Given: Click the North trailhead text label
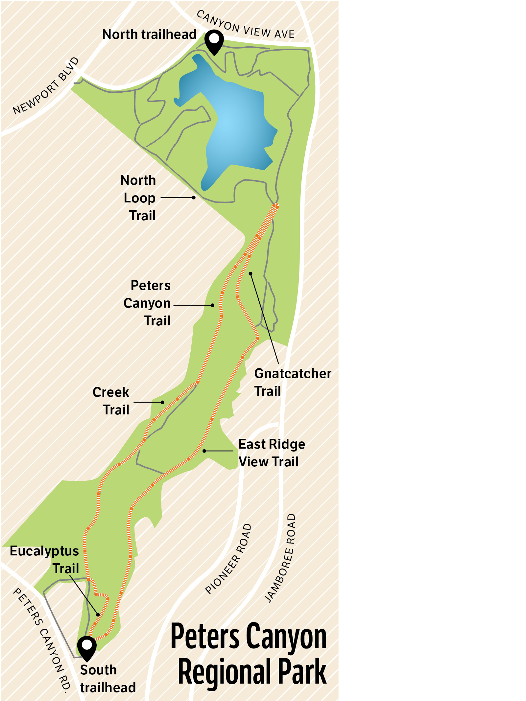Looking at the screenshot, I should point(149,34).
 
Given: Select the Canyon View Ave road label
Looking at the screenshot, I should point(246,26).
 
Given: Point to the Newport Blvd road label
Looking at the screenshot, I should point(46,86).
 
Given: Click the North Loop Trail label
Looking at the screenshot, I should point(139,198).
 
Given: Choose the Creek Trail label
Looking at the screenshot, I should point(112,401).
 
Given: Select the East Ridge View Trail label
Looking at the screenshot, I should point(271,453).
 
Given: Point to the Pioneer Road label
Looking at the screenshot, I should point(228,559).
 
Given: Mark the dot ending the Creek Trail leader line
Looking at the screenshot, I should point(162,402).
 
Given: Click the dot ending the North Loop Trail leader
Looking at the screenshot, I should point(194,198).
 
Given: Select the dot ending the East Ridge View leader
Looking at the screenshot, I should point(204,451).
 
